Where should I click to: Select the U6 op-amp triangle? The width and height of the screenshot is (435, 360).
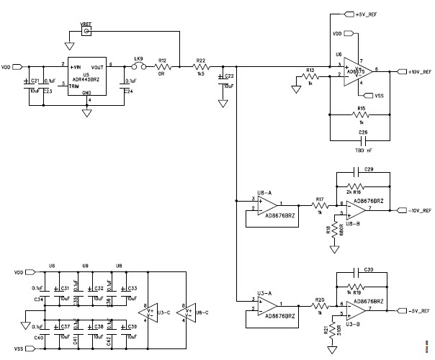[x=352, y=71]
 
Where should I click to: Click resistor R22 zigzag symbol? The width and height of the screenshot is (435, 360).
[x=202, y=66]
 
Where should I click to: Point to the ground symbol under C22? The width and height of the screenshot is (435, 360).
[x=223, y=104]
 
